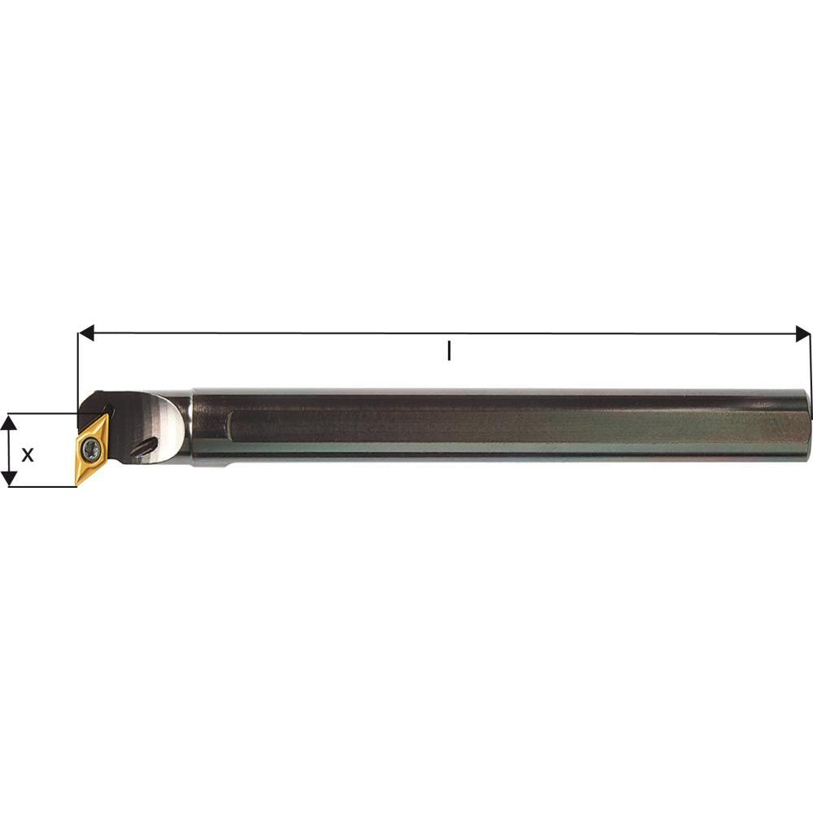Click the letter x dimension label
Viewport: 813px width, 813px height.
28,454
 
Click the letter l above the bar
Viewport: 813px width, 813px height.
449,350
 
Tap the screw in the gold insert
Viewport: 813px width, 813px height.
93,449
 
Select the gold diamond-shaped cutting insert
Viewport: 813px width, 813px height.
93,449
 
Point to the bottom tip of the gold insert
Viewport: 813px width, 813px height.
76,485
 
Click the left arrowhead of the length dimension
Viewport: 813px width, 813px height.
86,333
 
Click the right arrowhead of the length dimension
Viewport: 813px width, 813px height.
802,333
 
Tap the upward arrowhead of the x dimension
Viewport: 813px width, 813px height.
9,423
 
